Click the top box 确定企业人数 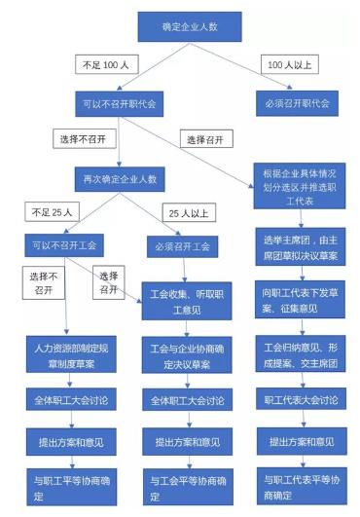[x=179, y=25]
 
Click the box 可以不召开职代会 [x=120, y=102]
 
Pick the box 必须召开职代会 [x=296, y=102]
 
